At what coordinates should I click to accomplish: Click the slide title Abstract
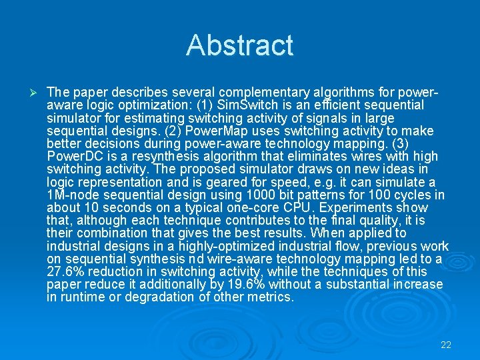[239, 45]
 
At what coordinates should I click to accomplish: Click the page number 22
[446, 345]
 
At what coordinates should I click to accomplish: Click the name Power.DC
[73, 156]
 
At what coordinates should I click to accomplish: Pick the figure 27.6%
[69, 271]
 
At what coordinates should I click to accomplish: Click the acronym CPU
[276, 207]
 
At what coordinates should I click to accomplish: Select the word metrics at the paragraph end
[271, 297]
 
